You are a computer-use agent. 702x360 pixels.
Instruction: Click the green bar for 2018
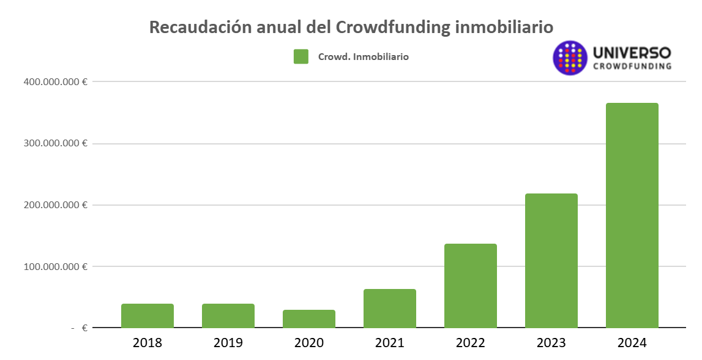[x=147, y=316]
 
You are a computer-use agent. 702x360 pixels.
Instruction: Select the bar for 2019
[x=228, y=316]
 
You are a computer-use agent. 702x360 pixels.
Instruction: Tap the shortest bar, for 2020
[x=309, y=319]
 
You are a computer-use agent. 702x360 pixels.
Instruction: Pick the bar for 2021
[x=390, y=309]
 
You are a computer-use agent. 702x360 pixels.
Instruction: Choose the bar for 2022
[x=471, y=286]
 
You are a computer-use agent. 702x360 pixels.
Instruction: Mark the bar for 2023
[x=551, y=261]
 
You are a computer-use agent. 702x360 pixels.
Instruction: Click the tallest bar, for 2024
[x=632, y=216]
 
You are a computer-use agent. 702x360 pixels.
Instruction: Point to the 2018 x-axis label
[x=147, y=343]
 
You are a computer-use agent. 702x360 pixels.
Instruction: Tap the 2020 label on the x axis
[x=309, y=343]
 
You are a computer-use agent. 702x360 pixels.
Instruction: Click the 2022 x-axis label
[x=471, y=343]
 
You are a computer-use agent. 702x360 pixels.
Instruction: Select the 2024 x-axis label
[x=632, y=343]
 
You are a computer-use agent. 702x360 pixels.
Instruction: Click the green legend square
[x=301, y=57]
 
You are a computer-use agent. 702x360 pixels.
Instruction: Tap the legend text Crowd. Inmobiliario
[x=363, y=57]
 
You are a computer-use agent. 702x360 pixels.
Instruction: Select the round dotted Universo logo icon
[x=570, y=58]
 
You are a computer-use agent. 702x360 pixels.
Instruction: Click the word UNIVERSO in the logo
[x=632, y=53]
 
